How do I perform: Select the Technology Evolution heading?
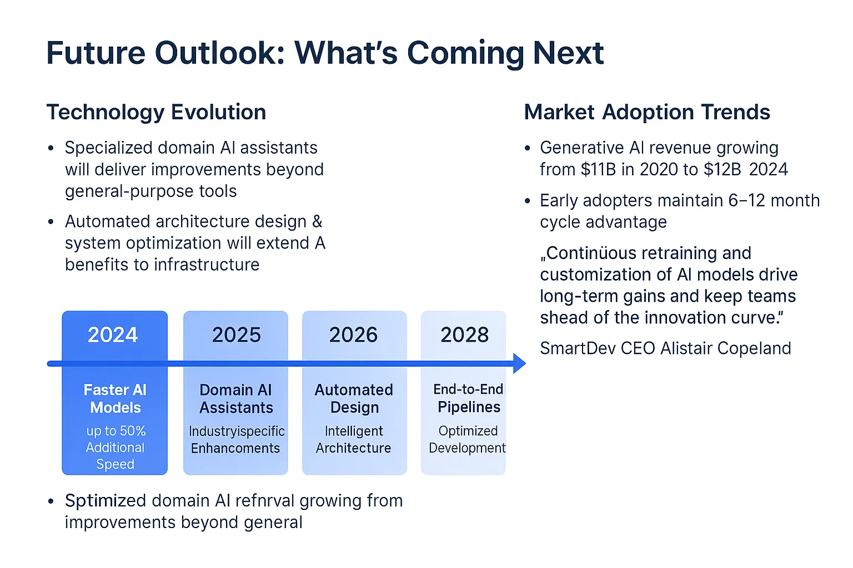[x=156, y=112]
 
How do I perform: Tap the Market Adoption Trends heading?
[x=647, y=112]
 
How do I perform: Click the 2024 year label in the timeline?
[x=113, y=335]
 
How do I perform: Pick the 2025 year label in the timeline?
[x=236, y=335]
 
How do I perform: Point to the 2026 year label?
[x=353, y=335]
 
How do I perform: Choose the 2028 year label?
[x=464, y=335]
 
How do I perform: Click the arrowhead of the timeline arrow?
[x=519, y=363]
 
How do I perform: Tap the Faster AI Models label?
[x=115, y=399]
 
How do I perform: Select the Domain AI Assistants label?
[x=236, y=399]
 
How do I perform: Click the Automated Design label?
[x=354, y=399]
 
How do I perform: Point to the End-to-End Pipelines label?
[x=468, y=398]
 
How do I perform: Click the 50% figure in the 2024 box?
[x=133, y=431]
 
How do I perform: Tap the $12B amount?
[x=722, y=169]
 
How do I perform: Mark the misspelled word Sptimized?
[x=106, y=501]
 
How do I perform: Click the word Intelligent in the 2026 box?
[x=354, y=431]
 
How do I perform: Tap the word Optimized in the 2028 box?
[x=468, y=431]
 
